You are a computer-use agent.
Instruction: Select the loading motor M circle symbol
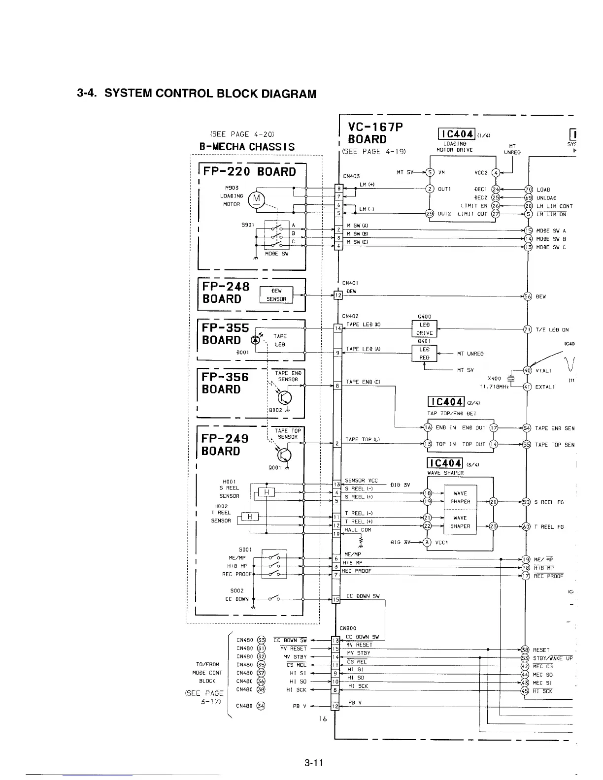click(x=257, y=199)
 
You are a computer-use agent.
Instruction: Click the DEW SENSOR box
click(x=276, y=295)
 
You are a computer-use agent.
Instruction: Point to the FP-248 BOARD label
click(x=226, y=292)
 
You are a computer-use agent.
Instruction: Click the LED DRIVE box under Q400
click(x=424, y=329)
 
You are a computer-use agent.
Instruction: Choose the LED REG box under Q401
click(x=424, y=353)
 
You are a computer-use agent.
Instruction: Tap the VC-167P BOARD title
click(x=374, y=133)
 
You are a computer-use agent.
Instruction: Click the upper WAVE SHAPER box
click(x=460, y=497)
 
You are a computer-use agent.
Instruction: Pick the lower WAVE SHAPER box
click(x=460, y=522)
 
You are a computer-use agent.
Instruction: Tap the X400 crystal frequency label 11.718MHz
click(x=494, y=386)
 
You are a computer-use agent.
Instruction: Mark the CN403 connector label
click(x=351, y=176)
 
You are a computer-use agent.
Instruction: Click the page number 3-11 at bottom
click(x=313, y=764)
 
